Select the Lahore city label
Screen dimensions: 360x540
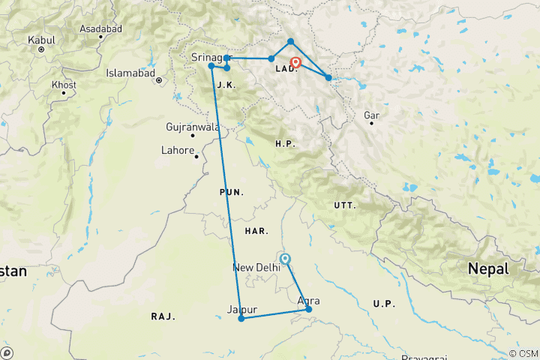[x=177, y=150]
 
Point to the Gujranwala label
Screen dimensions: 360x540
[x=193, y=127]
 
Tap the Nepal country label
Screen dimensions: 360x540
[x=488, y=268]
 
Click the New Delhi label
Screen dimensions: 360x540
[x=256, y=268]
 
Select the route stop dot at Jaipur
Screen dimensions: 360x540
[x=241, y=319]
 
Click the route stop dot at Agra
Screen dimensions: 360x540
[x=308, y=309]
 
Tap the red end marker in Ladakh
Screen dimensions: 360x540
[x=295, y=63]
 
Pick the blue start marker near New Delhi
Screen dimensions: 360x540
[x=284, y=259]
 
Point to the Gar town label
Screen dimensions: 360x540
[x=370, y=115]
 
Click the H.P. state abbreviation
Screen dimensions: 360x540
[x=286, y=143]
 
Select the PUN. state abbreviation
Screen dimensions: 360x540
[x=231, y=193]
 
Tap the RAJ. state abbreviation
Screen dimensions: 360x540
[x=163, y=316]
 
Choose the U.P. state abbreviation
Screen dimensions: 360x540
[x=383, y=303]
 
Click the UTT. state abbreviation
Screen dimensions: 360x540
[x=344, y=205]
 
